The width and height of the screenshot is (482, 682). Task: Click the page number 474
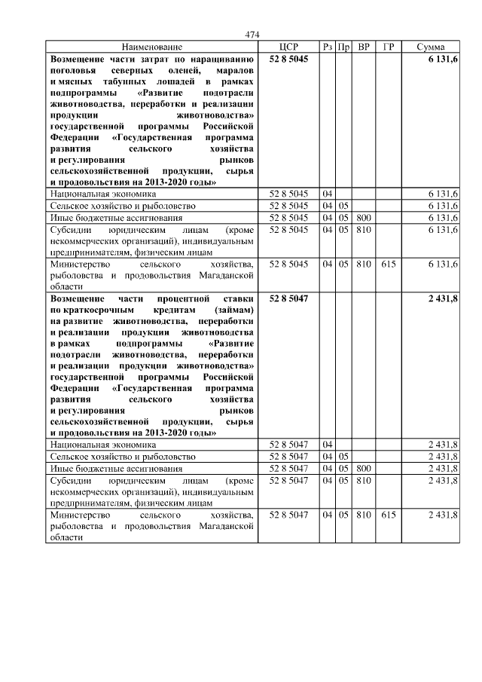(x=252, y=35)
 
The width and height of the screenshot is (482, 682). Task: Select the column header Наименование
(x=152, y=47)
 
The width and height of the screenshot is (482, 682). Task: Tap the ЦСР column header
(x=288, y=47)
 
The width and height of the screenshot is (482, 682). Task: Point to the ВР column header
(x=364, y=47)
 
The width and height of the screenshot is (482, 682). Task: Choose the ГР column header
(x=389, y=47)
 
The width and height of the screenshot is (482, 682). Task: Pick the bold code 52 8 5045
(x=288, y=59)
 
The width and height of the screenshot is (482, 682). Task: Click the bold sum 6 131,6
(x=443, y=59)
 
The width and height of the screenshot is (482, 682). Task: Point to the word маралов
(x=233, y=69)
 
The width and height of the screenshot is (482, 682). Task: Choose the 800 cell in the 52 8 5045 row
(x=364, y=217)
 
